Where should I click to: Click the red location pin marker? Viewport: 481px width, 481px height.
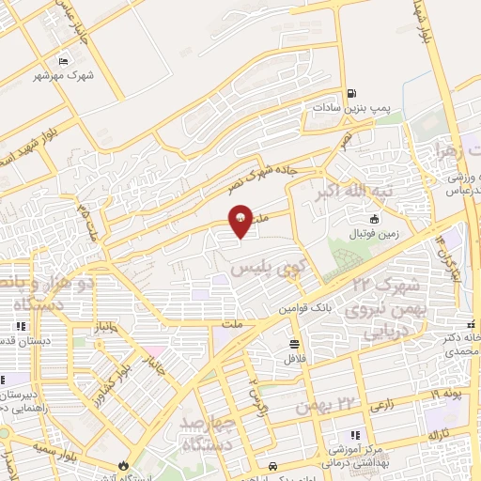(240, 223)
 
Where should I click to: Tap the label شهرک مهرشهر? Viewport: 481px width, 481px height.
(63, 75)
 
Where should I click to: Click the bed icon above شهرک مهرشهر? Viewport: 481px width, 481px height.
(63, 61)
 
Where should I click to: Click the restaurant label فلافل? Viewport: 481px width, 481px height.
(294, 358)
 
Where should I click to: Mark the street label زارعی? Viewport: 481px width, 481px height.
(381, 405)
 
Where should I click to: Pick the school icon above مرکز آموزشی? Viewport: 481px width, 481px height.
(354, 435)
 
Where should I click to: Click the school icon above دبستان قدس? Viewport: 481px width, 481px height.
(19, 327)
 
